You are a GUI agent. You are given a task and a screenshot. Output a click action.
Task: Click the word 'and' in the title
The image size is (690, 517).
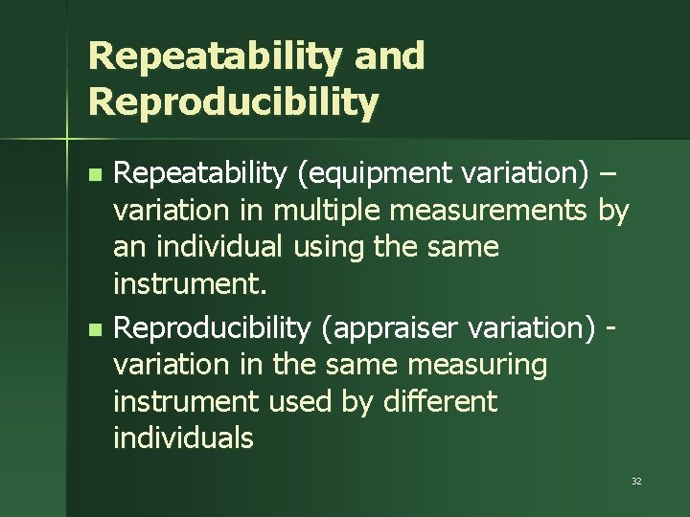coord(389,56)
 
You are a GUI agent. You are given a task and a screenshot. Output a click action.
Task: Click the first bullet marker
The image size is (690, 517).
coord(93,175)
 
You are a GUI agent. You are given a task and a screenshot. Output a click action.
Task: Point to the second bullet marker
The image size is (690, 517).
coord(93,329)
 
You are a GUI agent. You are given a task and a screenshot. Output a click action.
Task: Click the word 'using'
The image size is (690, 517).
coord(325,247)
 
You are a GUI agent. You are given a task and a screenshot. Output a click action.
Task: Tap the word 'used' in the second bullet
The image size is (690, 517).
coord(308,401)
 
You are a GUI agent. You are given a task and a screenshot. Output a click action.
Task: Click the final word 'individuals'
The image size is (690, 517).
coord(183,438)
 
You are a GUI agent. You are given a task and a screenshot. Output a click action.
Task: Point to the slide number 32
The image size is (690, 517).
coord(636,481)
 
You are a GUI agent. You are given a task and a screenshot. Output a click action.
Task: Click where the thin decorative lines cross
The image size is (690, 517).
coord(68,139)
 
